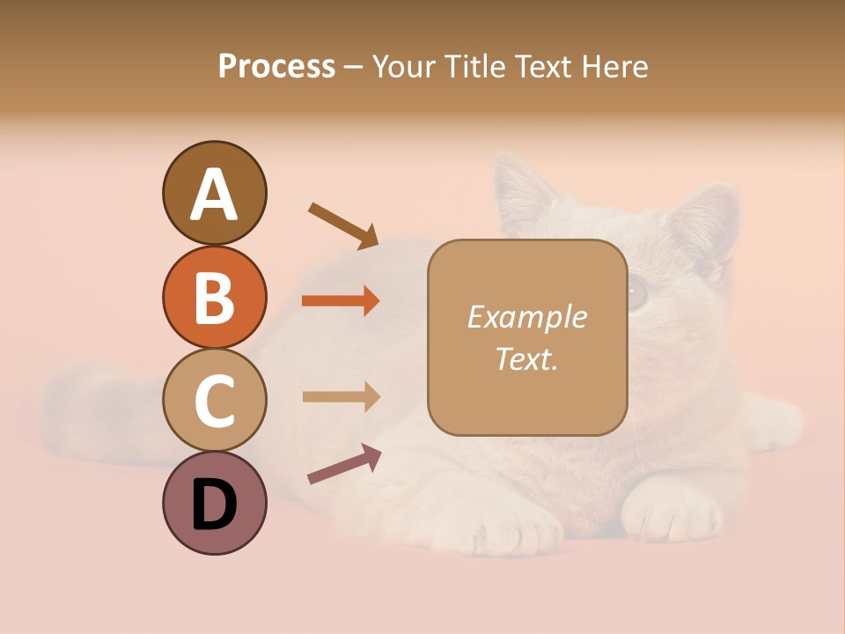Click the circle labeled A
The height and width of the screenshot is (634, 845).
pos(214,194)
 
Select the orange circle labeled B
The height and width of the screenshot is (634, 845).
pos(214,297)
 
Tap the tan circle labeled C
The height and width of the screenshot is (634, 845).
pos(214,400)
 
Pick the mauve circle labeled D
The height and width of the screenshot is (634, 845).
pos(214,503)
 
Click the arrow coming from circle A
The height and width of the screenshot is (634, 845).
pos(343,225)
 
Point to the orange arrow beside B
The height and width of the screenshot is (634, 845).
pos(341,301)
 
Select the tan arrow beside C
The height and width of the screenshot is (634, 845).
pos(341,396)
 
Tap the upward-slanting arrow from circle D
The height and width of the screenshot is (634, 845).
pos(344,464)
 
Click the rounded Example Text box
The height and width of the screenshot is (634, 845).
pos(527,338)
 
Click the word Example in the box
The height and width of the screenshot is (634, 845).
pos(527,317)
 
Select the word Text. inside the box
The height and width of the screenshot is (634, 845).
pos(526,359)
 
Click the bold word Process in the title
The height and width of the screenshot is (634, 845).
pos(276,66)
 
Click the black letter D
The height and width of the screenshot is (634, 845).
pos(214,505)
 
